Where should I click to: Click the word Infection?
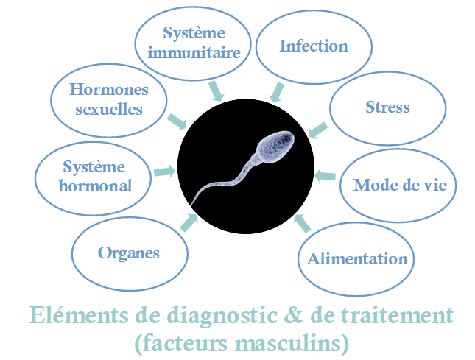click(x=314, y=46)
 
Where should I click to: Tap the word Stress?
click(x=387, y=107)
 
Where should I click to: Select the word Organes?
click(x=128, y=253)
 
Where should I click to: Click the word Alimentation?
click(x=357, y=259)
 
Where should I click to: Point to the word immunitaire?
click(x=194, y=53)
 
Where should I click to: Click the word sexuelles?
click(x=109, y=109)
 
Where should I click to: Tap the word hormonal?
click(x=95, y=186)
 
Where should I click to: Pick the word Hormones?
click(x=109, y=89)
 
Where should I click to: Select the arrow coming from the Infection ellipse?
click(x=277, y=92)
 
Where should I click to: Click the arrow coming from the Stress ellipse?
click(x=317, y=130)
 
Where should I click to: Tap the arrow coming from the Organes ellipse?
click(x=189, y=222)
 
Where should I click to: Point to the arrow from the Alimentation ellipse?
click(x=302, y=224)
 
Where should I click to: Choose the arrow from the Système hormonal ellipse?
click(x=164, y=171)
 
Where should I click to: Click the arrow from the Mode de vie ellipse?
click(x=325, y=176)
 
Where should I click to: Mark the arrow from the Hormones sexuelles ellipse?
click(x=177, y=121)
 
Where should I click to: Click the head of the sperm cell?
click(x=275, y=147)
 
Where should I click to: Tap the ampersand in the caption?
click(x=293, y=314)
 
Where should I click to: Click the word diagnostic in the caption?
click(x=222, y=316)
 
